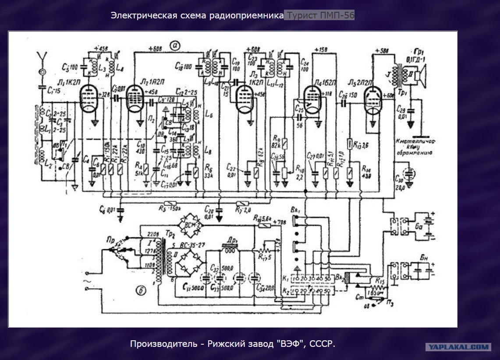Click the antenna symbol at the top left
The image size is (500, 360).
[x=42, y=56]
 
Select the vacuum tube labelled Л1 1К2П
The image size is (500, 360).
[x=89, y=97]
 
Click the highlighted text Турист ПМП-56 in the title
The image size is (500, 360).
[x=319, y=15]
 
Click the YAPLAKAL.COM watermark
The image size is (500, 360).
[x=457, y=347]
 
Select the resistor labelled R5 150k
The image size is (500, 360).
[x=169, y=203]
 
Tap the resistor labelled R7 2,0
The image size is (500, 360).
[x=242, y=203]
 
